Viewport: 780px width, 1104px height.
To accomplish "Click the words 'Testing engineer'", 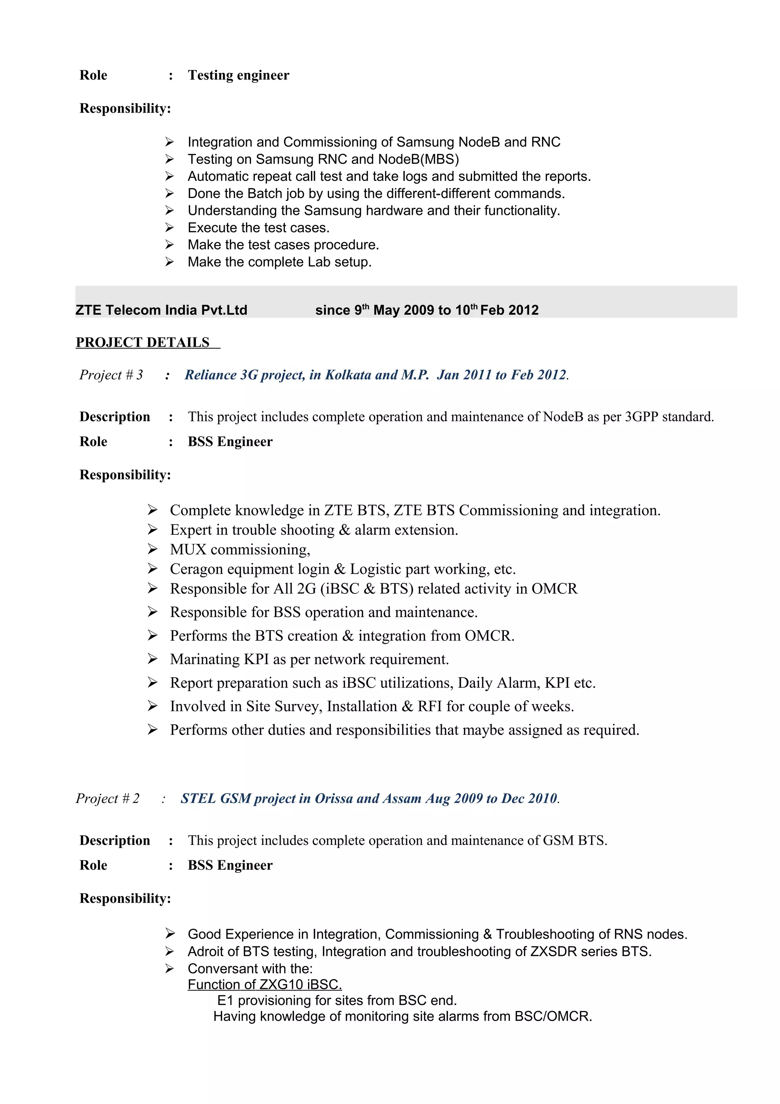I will click(238, 75).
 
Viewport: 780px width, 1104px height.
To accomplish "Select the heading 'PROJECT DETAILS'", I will click(143, 342).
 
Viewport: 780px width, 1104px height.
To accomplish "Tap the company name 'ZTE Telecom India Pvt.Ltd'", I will click(161, 310).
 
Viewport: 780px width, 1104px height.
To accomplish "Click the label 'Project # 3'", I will click(111, 375).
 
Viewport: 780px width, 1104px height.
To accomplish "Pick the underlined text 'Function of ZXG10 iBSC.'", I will click(265, 984).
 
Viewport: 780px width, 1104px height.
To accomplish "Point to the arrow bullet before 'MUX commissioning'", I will click(152, 549).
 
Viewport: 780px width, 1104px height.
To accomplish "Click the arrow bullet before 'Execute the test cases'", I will click(169, 227).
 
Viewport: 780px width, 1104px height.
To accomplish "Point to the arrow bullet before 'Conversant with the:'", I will click(169, 968).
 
